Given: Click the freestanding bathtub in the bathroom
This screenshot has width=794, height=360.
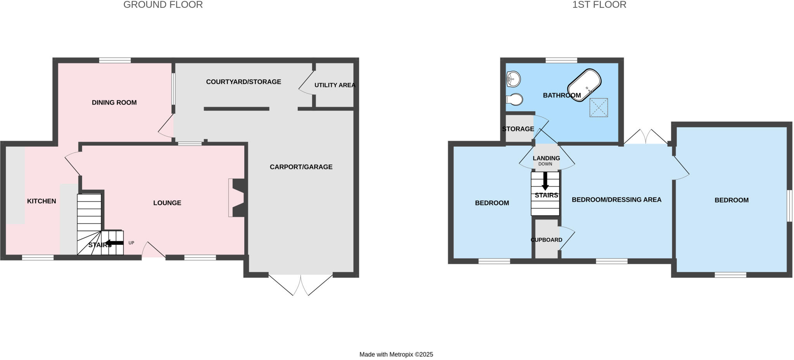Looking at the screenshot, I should (584, 85).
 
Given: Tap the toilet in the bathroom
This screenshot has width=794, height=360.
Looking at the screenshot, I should (515, 99).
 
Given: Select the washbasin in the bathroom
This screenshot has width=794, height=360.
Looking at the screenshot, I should (513, 80).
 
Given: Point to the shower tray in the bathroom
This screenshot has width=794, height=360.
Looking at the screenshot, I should (599, 107).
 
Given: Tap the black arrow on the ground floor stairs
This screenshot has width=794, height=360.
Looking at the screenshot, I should (114, 243).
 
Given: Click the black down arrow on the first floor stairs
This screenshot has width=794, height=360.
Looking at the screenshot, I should (545, 181).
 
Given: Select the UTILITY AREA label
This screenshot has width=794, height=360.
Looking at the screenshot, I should (335, 85).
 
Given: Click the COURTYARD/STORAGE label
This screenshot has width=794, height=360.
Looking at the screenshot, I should (243, 82).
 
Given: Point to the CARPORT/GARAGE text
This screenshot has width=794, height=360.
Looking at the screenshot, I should (301, 167).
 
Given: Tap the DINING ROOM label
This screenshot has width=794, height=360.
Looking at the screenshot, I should (114, 102).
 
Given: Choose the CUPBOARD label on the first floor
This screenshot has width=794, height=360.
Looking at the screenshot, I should (546, 240).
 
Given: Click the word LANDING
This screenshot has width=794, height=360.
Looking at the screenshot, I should (546, 158).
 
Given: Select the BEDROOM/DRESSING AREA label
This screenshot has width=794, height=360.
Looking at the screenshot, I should (616, 199).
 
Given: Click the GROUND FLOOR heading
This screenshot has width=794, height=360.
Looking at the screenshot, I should (163, 5).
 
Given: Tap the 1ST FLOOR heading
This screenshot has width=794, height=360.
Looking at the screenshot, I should (599, 5).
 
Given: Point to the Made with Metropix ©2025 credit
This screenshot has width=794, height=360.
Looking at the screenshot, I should (396, 354).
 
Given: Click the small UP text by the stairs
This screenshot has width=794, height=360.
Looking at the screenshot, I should (131, 243).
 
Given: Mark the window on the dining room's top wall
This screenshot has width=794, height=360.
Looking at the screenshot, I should (115, 60).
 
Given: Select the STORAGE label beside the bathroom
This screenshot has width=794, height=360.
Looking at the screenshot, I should (518, 129).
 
